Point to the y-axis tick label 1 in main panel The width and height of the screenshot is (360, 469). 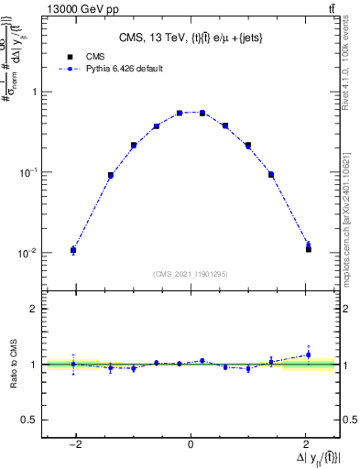(35, 92)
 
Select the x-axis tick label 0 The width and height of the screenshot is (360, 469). (191, 445)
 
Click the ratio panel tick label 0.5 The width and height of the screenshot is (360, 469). (32, 420)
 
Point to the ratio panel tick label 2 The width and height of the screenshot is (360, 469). (35, 309)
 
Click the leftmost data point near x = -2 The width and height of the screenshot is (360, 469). (73, 249)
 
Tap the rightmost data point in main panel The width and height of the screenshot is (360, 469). (308, 247)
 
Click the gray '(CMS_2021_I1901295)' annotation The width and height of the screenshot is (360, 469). (191, 274)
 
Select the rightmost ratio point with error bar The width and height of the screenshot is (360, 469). (308, 354)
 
